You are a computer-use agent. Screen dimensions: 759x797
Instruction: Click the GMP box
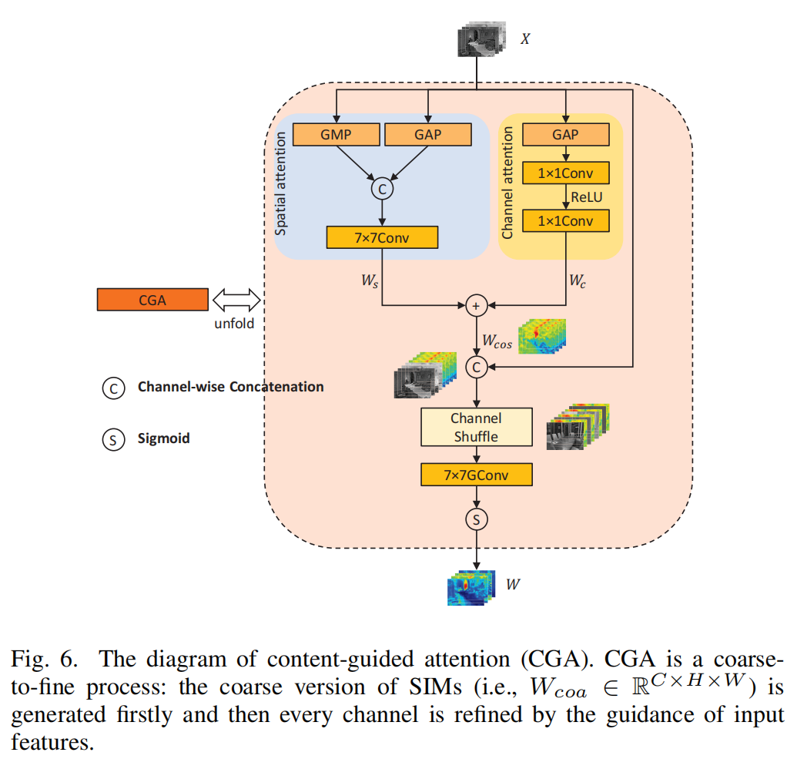click(x=336, y=135)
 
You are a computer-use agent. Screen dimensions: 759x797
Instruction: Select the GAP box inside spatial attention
click(x=427, y=135)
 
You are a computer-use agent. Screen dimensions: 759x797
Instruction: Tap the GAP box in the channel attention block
click(x=566, y=135)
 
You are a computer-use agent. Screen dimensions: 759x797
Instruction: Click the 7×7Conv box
click(x=382, y=237)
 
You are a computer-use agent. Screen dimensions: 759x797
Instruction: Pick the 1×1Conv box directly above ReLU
click(x=566, y=173)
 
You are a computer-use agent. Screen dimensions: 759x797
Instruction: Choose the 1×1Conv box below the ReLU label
click(x=566, y=221)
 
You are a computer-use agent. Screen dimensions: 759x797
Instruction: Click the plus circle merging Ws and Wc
click(x=476, y=306)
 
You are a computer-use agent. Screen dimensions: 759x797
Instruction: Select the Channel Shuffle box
click(x=476, y=428)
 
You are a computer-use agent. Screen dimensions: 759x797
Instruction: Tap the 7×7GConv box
click(x=476, y=475)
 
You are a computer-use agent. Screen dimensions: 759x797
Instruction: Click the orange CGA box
click(x=152, y=300)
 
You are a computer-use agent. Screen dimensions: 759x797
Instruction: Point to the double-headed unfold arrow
click(x=234, y=300)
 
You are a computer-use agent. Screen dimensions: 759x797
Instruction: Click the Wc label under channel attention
click(x=578, y=281)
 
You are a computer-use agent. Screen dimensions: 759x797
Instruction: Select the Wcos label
click(x=497, y=341)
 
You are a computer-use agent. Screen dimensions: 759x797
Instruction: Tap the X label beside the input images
click(x=525, y=38)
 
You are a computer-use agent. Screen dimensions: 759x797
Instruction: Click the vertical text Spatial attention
click(x=282, y=183)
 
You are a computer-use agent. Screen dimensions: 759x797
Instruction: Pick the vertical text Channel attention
click(x=507, y=183)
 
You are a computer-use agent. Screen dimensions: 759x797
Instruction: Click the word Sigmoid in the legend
click(x=163, y=438)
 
